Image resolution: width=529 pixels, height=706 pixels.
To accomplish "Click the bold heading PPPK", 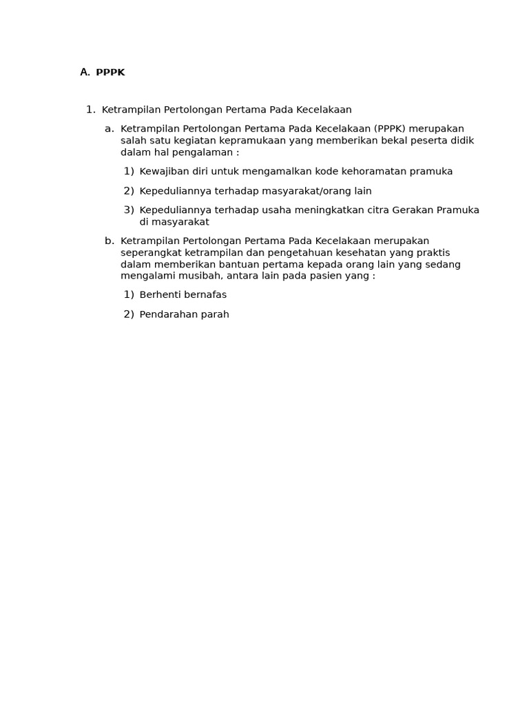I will pos(110,72).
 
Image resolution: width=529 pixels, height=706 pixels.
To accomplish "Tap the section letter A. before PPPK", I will pos(85,72).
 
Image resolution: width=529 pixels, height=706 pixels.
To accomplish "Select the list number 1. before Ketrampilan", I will pos(90,110).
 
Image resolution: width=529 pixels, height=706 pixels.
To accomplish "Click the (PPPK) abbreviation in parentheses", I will pos(390,129).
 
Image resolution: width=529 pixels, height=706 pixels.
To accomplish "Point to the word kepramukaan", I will pos(258,141).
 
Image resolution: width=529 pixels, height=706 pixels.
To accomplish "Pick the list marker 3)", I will pos(129,210).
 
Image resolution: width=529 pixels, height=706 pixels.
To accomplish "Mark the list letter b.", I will pos(110,241).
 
